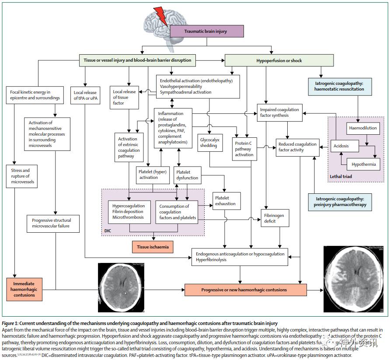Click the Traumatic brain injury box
click(x=205, y=31)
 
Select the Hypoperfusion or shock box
click(x=279, y=60)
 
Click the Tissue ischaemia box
click(x=153, y=247)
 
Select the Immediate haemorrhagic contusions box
click(x=24, y=289)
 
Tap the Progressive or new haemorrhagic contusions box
click(x=244, y=290)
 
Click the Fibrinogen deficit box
click(x=275, y=218)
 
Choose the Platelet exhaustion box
click(x=226, y=201)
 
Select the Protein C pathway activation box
click(x=244, y=149)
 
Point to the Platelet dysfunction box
click(x=188, y=175)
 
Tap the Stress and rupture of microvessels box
click(x=21, y=176)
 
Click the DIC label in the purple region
click(x=108, y=230)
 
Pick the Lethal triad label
click(x=341, y=177)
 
